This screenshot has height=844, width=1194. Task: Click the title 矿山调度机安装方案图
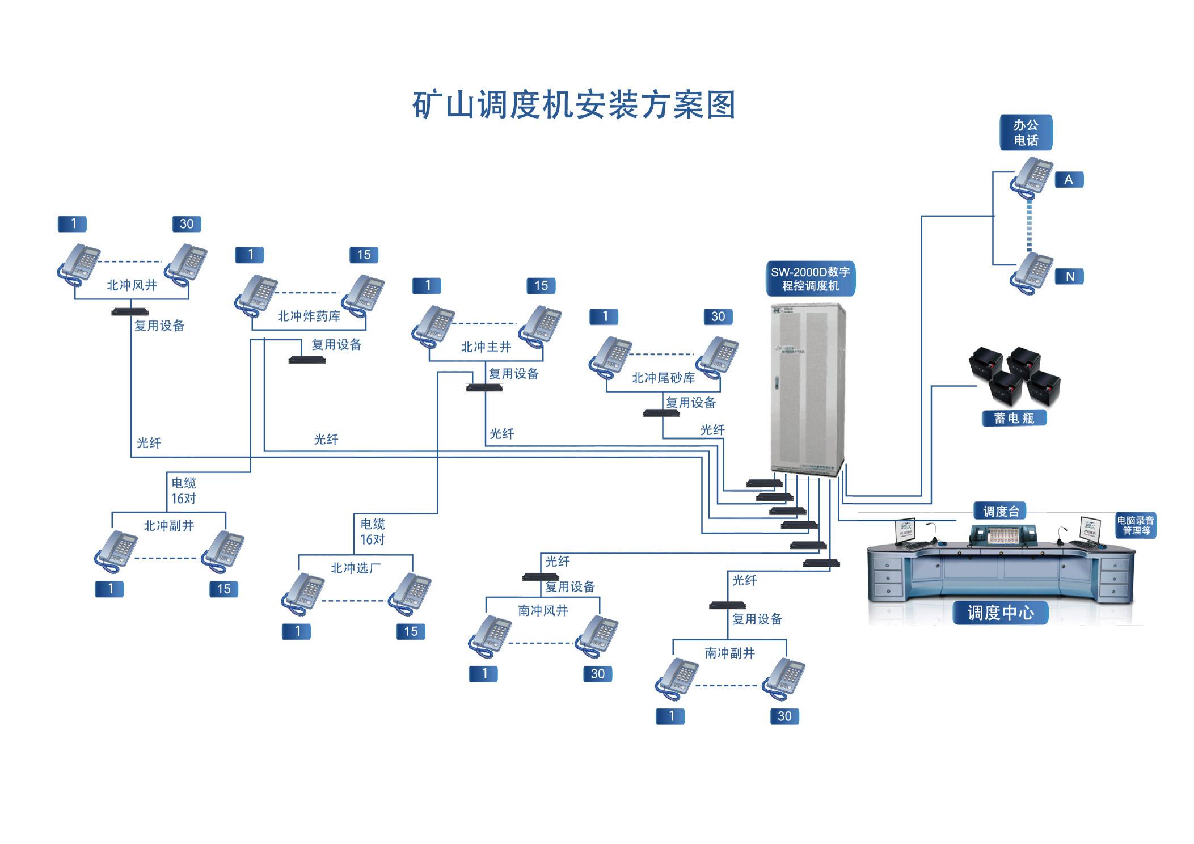[573, 105]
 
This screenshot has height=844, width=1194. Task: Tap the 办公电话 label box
[1025, 132]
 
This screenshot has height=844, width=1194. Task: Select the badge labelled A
[1069, 179]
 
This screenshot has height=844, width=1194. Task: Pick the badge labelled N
[1069, 276]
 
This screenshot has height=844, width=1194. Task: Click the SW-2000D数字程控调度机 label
[809, 278]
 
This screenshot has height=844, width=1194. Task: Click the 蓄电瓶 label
[1014, 418]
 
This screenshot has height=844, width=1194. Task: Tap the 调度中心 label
[1000, 613]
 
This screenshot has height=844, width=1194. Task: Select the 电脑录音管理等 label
[1135, 525]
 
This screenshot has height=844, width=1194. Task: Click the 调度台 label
[1001, 511]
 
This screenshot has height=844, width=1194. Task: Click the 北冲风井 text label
[132, 285]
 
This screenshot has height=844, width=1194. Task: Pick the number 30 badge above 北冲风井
[187, 224]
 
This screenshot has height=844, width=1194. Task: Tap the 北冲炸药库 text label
[309, 316]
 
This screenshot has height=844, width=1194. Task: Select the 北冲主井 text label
[486, 347]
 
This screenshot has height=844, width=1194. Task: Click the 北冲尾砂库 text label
[663, 378]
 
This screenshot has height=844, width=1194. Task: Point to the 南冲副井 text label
[729, 653]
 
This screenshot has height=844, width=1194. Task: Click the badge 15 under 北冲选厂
[411, 631]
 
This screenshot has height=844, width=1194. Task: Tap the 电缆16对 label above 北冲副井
[184, 491]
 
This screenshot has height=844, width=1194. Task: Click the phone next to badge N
[1031, 273]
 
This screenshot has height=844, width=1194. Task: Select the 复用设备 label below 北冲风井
[159, 326]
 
